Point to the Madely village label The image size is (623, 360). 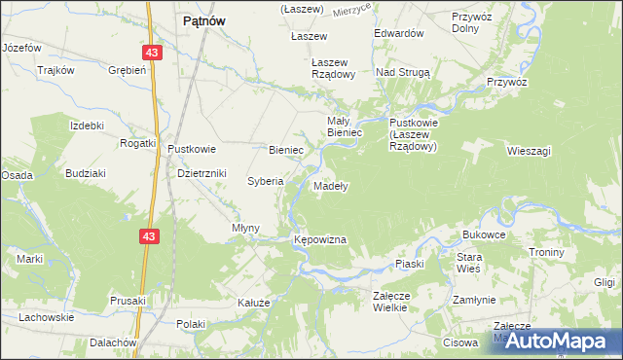click(332, 185)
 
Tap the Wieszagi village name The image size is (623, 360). click(530, 151)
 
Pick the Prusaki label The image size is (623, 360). click(128, 301)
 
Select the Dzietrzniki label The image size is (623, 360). click(202, 173)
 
